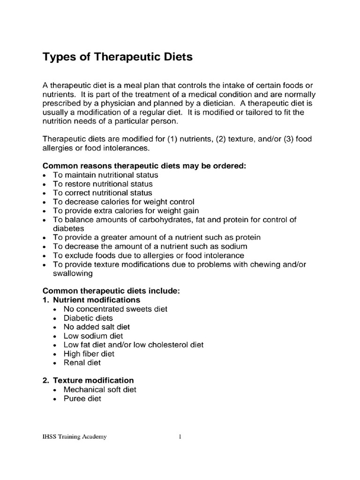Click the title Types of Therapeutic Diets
(x=118, y=58)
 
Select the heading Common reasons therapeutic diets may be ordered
(x=144, y=166)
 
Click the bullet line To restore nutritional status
(x=103, y=184)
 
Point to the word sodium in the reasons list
(x=233, y=246)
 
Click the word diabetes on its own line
(x=68, y=228)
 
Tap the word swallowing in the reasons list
(x=74, y=273)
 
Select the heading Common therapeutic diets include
(x=111, y=291)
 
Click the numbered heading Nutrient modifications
(x=96, y=300)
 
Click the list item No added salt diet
(x=97, y=327)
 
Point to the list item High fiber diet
(x=90, y=353)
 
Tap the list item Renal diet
(x=82, y=362)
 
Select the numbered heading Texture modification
(x=93, y=380)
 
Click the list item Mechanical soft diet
(x=100, y=390)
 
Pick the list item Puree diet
(x=82, y=398)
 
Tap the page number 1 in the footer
(x=180, y=437)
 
